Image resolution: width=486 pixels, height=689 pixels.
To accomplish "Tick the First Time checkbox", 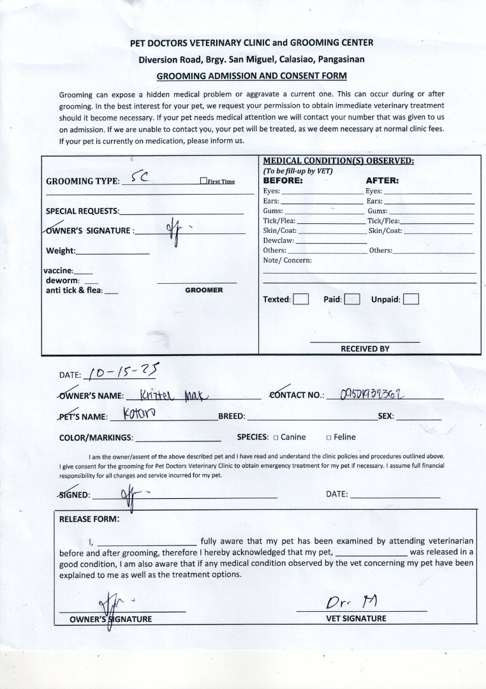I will pyautogui.click(x=203, y=181).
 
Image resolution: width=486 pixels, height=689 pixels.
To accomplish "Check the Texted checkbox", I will pyautogui.click(x=301, y=299).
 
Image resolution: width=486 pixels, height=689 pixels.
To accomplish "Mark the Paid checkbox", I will pyautogui.click(x=352, y=299).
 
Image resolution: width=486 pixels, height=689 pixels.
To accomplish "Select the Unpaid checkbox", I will pyautogui.click(x=411, y=299).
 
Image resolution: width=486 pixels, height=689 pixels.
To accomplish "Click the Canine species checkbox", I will pyautogui.click(x=276, y=438).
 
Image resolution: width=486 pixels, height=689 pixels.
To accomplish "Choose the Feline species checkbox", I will pyautogui.click(x=328, y=438).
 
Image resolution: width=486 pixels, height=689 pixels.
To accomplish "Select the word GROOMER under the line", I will pyautogui.click(x=203, y=290).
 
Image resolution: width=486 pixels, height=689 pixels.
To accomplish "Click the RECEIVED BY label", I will pyautogui.click(x=365, y=349).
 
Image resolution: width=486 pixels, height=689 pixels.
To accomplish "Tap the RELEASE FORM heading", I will pyautogui.click(x=89, y=519).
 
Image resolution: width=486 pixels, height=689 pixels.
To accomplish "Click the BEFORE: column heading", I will pyautogui.click(x=283, y=181).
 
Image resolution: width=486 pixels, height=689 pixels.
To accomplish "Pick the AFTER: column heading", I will pyautogui.click(x=381, y=181).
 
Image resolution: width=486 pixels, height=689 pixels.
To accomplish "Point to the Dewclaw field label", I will pyautogui.click(x=279, y=241).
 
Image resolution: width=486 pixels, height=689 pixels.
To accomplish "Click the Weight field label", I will pyautogui.click(x=61, y=251).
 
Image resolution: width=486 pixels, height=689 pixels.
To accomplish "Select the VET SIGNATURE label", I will pyautogui.click(x=357, y=618).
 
